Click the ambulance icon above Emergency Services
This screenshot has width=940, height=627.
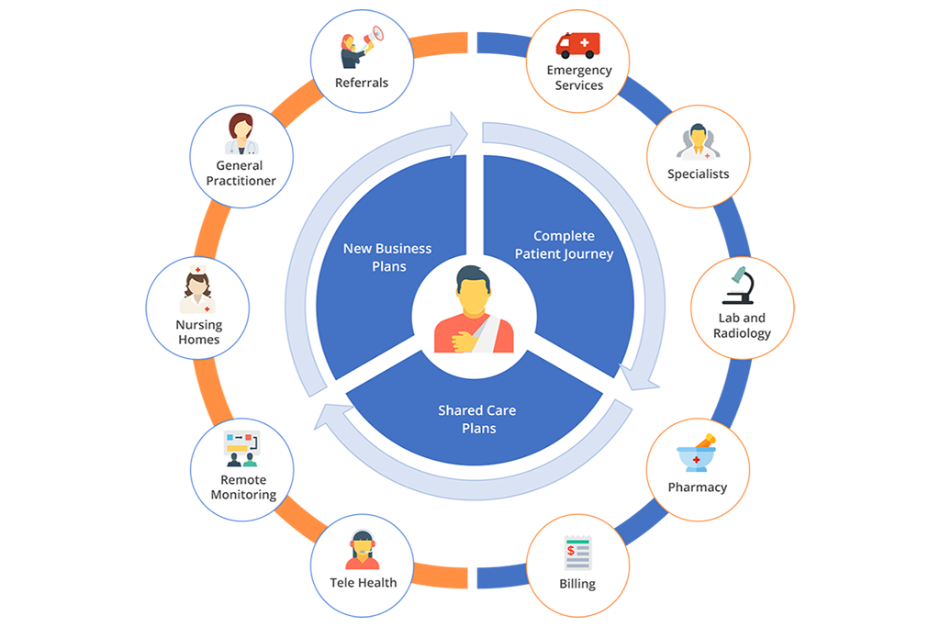(577, 45)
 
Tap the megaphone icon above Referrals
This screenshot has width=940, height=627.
(360, 50)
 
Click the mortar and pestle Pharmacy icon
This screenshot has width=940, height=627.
(697, 453)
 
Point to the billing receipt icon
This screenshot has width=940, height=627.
(577, 554)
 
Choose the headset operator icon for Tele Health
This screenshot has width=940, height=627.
(363, 551)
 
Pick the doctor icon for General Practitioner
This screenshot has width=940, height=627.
(241, 135)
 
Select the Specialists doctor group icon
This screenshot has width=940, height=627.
(698, 142)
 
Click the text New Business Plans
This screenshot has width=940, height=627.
(387, 257)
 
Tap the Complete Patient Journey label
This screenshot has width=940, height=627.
(564, 245)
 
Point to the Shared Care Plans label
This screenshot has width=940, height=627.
(478, 419)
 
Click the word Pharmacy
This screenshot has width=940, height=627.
(697, 487)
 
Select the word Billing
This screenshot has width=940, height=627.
(576, 584)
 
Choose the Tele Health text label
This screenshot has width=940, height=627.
(363, 582)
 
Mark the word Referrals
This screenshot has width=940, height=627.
(362, 83)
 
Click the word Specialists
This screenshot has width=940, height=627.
(698, 174)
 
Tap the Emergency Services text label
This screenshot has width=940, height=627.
(578, 78)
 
